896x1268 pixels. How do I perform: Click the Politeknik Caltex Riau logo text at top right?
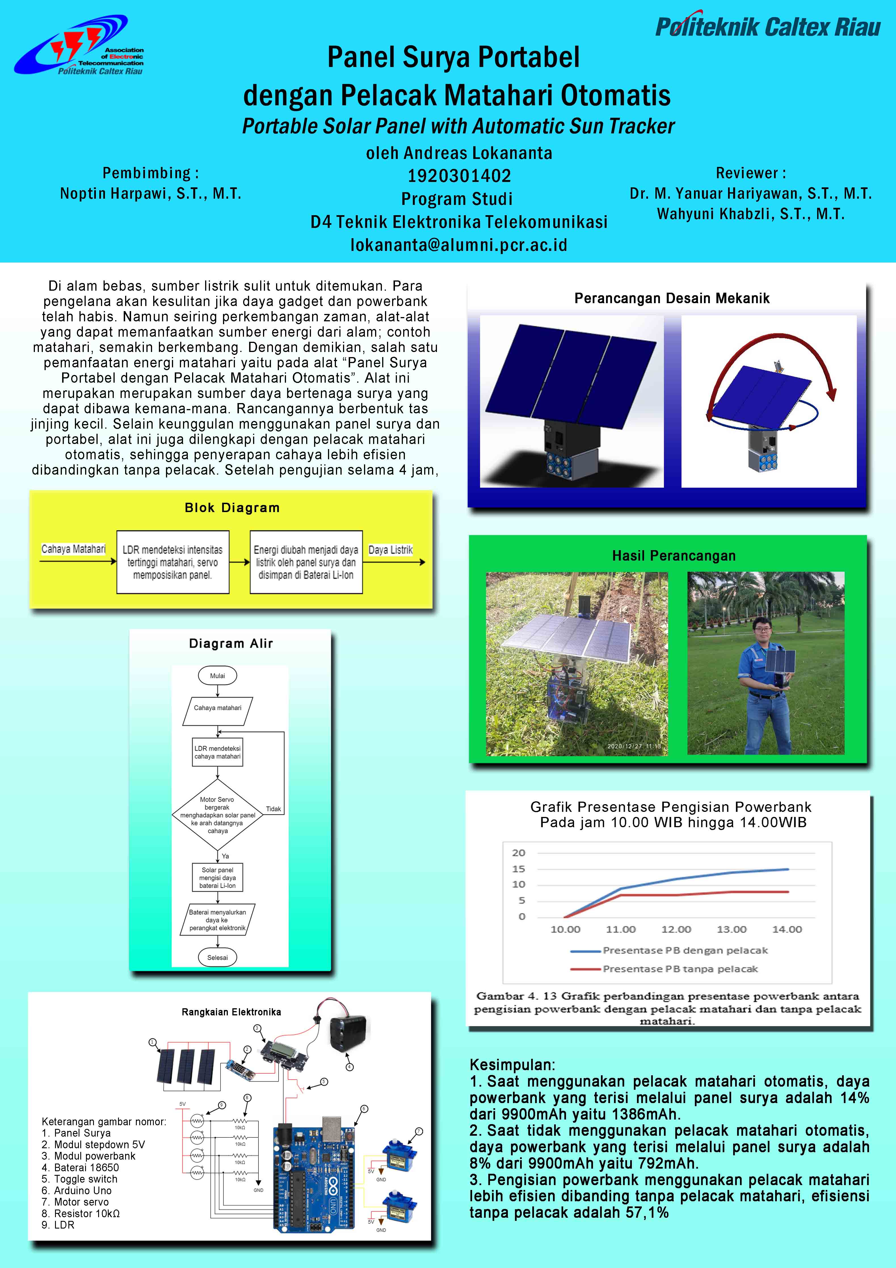click(767, 26)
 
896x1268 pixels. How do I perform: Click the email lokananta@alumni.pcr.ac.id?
click(459, 245)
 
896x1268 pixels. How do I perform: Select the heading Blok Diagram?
click(232, 508)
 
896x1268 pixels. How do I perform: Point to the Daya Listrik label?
click(390, 550)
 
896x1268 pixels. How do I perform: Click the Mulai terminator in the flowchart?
click(218, 675)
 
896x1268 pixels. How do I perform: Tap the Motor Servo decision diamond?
click(218, 815)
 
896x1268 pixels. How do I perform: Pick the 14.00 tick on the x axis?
click(787, 929)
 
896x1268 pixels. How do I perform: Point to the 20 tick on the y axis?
click(518, 853)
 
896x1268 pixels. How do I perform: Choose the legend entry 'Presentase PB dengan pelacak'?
click(685, 950)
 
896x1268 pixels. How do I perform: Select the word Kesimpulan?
click(512, 1065)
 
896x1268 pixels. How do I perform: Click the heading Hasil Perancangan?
click(674, 556)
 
